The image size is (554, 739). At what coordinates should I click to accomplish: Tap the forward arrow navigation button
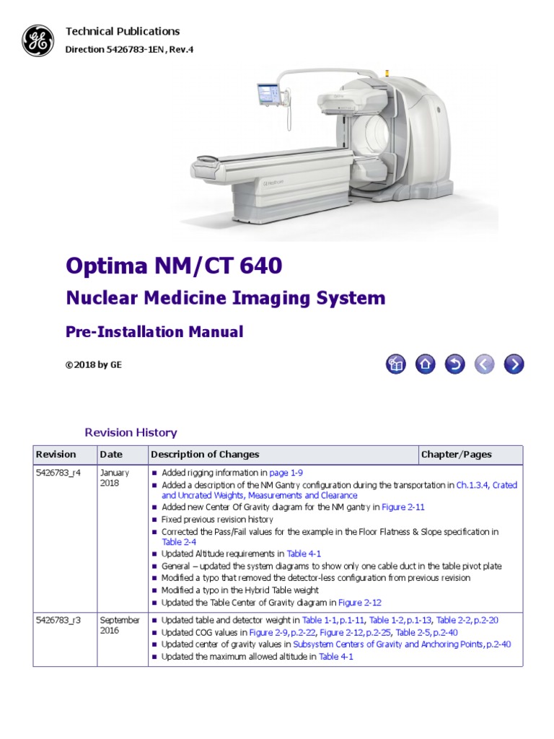click(513, 364)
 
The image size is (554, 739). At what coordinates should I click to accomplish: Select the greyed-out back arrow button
click(484, 364)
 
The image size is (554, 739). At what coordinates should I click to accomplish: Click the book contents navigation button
click(395, 364)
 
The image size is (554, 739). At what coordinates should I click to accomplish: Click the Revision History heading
click(131, 433)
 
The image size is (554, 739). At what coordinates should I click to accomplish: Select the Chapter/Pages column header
click(457, 455)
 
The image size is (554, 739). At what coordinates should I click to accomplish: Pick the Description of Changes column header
click(205, 455)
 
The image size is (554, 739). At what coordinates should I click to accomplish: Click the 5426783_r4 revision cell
click(59, 473)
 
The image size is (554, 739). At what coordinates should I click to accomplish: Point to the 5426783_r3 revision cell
click(59, 620)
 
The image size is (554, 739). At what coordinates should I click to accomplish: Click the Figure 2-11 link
click(403, 507)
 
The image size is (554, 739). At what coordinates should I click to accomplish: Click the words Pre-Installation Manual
click(154, 332)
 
